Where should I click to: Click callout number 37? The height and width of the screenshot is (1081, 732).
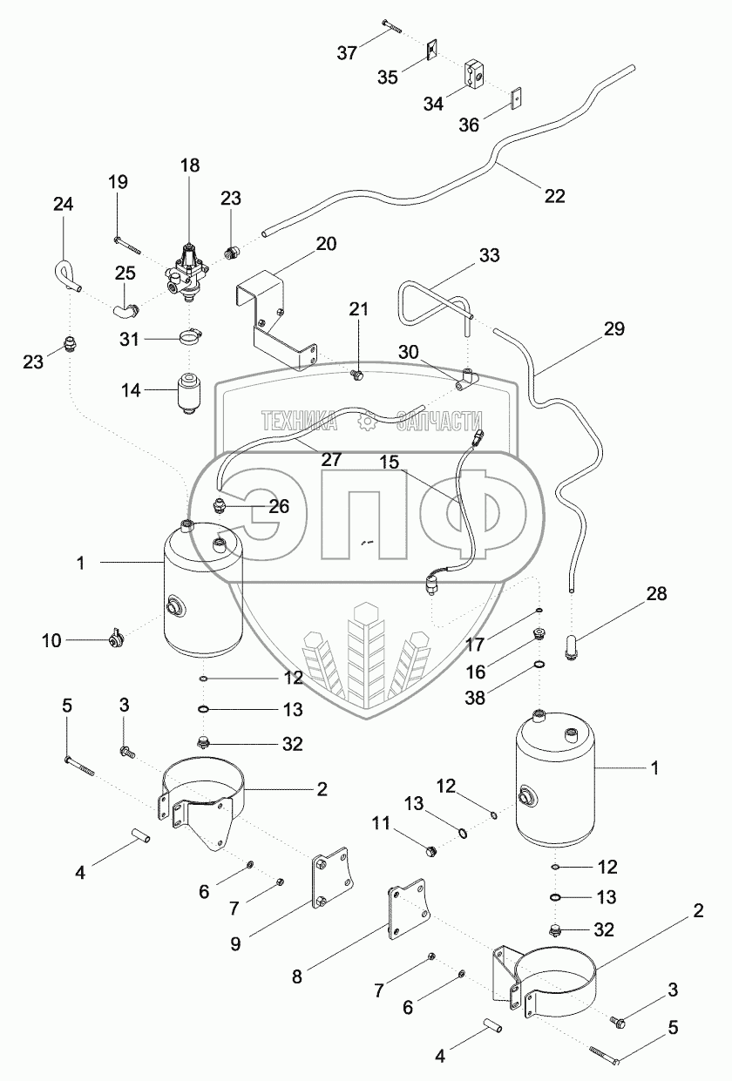point(348,53)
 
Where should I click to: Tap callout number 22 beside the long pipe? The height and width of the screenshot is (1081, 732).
point(555,195)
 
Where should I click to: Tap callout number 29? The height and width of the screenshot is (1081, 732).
point(614,330)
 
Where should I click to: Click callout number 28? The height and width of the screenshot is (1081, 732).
point(656,595)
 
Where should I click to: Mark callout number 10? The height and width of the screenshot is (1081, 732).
point(51,640)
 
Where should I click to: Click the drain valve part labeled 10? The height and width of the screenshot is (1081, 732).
point(113,641)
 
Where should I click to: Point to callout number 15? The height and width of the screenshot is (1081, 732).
point(390,463)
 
